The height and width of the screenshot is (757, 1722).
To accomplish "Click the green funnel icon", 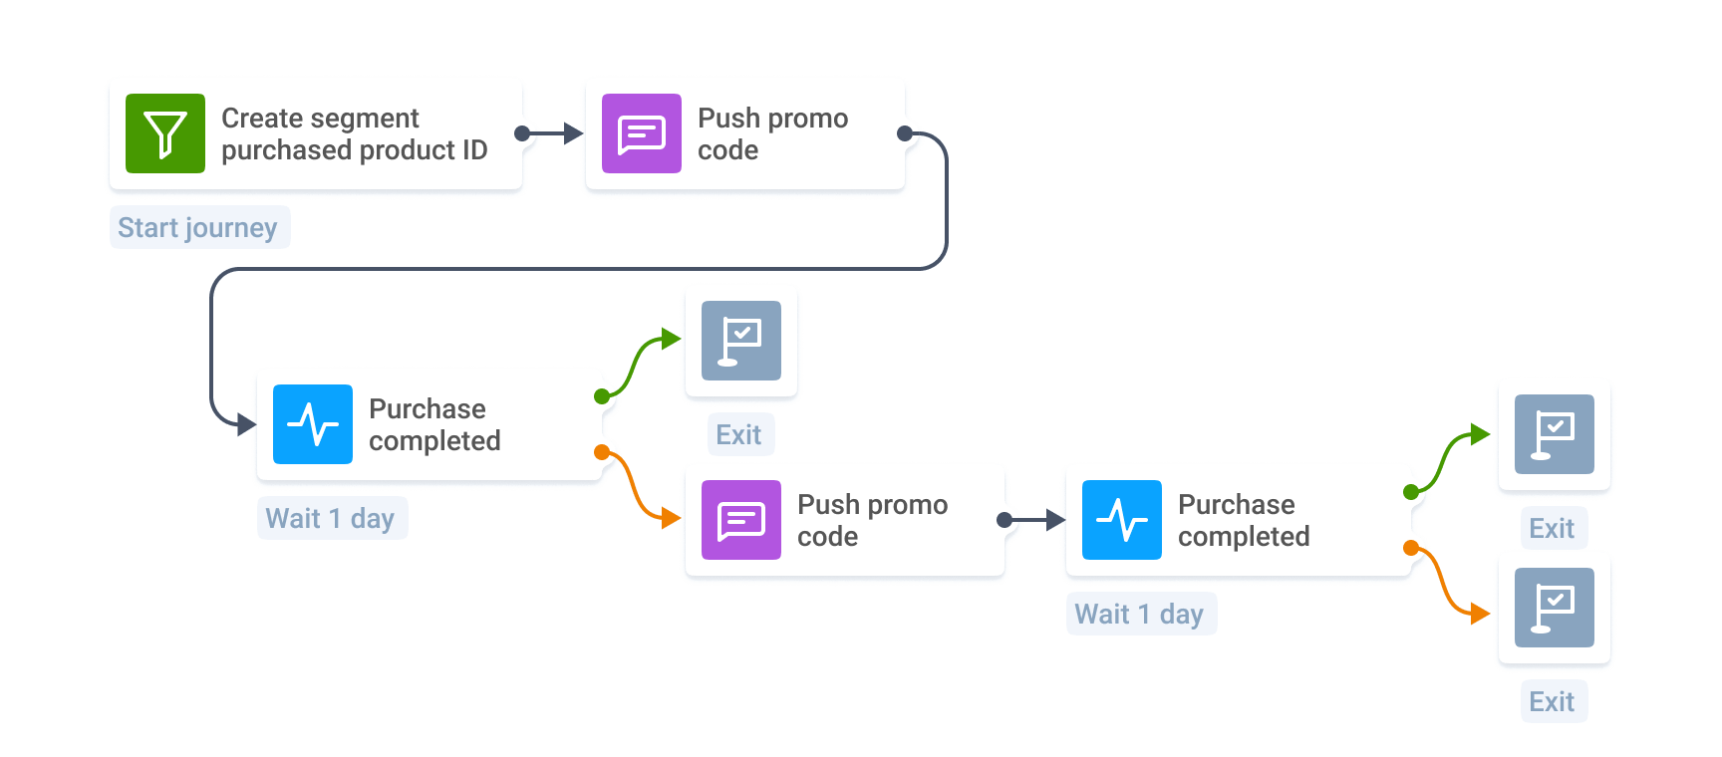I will tap(165, 133).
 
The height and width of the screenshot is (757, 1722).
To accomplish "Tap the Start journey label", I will tap(198, 227).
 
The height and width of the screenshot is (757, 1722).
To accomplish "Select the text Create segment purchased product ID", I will tap(354, 133).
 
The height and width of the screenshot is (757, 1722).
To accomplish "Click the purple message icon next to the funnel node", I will tap(642, 133).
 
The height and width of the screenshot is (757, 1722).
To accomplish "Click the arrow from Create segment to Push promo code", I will tap(552, 133).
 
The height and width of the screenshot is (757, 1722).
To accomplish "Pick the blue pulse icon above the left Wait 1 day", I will tap(313, 424).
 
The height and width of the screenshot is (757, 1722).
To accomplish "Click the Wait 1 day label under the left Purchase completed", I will tap(331, 518).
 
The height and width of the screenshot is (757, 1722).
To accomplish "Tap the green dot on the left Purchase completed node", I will tap(602, 396).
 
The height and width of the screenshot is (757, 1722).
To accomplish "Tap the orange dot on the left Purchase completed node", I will tap(602, 452).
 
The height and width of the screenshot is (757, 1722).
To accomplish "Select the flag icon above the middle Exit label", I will tap(741, 341).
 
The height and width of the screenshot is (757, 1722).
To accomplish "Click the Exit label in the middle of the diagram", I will tap(739, 434).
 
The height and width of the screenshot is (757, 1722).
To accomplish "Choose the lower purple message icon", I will tap(741, 520).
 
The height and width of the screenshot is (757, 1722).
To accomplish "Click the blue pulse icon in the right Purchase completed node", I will tap(1122, 520).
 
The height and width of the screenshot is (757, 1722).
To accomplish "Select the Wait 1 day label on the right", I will tap(1140, 614).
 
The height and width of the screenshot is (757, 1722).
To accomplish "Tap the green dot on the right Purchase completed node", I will tap(1411, 492).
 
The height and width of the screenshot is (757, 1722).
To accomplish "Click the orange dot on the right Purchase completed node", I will tap(1411, 548).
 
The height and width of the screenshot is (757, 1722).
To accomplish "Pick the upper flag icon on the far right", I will tap(1555, 434).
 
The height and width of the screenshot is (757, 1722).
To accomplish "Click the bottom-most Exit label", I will tap(1553, 701).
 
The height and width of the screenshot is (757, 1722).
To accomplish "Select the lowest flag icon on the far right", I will tap(1555, 608).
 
